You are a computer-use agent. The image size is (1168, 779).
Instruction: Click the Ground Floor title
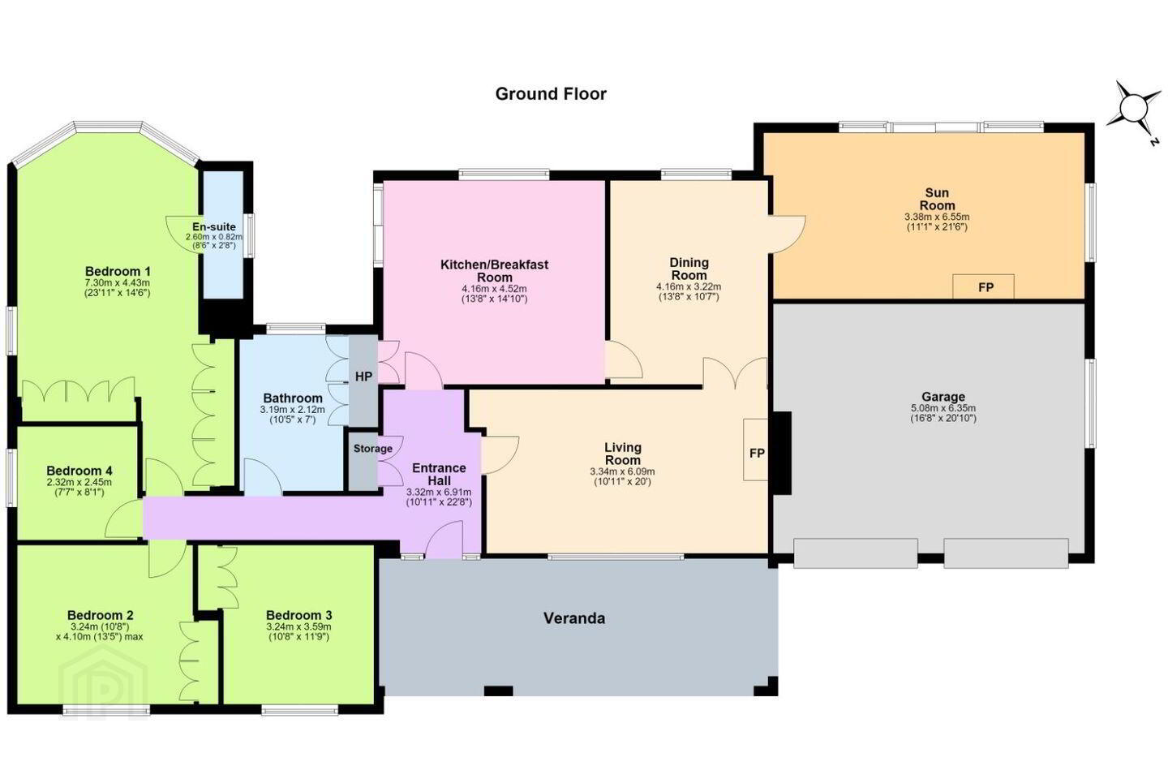[551, 94]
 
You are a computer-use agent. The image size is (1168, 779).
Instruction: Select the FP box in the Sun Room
[983, 286]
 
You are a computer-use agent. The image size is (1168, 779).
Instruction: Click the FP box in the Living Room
[756, 450]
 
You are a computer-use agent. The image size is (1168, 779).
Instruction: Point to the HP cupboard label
[363, 377]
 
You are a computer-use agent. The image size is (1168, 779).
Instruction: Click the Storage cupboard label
[373, 448]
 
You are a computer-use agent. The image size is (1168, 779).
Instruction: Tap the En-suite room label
[214, 227]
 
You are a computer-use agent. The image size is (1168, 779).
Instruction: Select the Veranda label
[574, 618]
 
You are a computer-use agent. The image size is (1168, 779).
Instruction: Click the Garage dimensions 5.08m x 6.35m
[943, 408]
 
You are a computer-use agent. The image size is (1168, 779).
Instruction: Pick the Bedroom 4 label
[79, 471]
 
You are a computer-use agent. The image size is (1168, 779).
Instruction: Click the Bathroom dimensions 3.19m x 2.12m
[293, 410]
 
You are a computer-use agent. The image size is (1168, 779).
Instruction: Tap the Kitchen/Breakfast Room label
[494, 271]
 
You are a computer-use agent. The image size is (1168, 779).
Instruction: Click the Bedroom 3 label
[298, 615]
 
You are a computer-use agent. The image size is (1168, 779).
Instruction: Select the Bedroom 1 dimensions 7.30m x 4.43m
[118, 283]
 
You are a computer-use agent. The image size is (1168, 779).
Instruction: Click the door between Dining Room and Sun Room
[786, 235]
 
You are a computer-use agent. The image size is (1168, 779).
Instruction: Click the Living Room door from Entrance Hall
[500, 455]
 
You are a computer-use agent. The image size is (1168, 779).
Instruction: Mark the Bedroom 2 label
[100, 615]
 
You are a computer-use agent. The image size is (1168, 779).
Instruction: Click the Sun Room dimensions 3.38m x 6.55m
[937, 217]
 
